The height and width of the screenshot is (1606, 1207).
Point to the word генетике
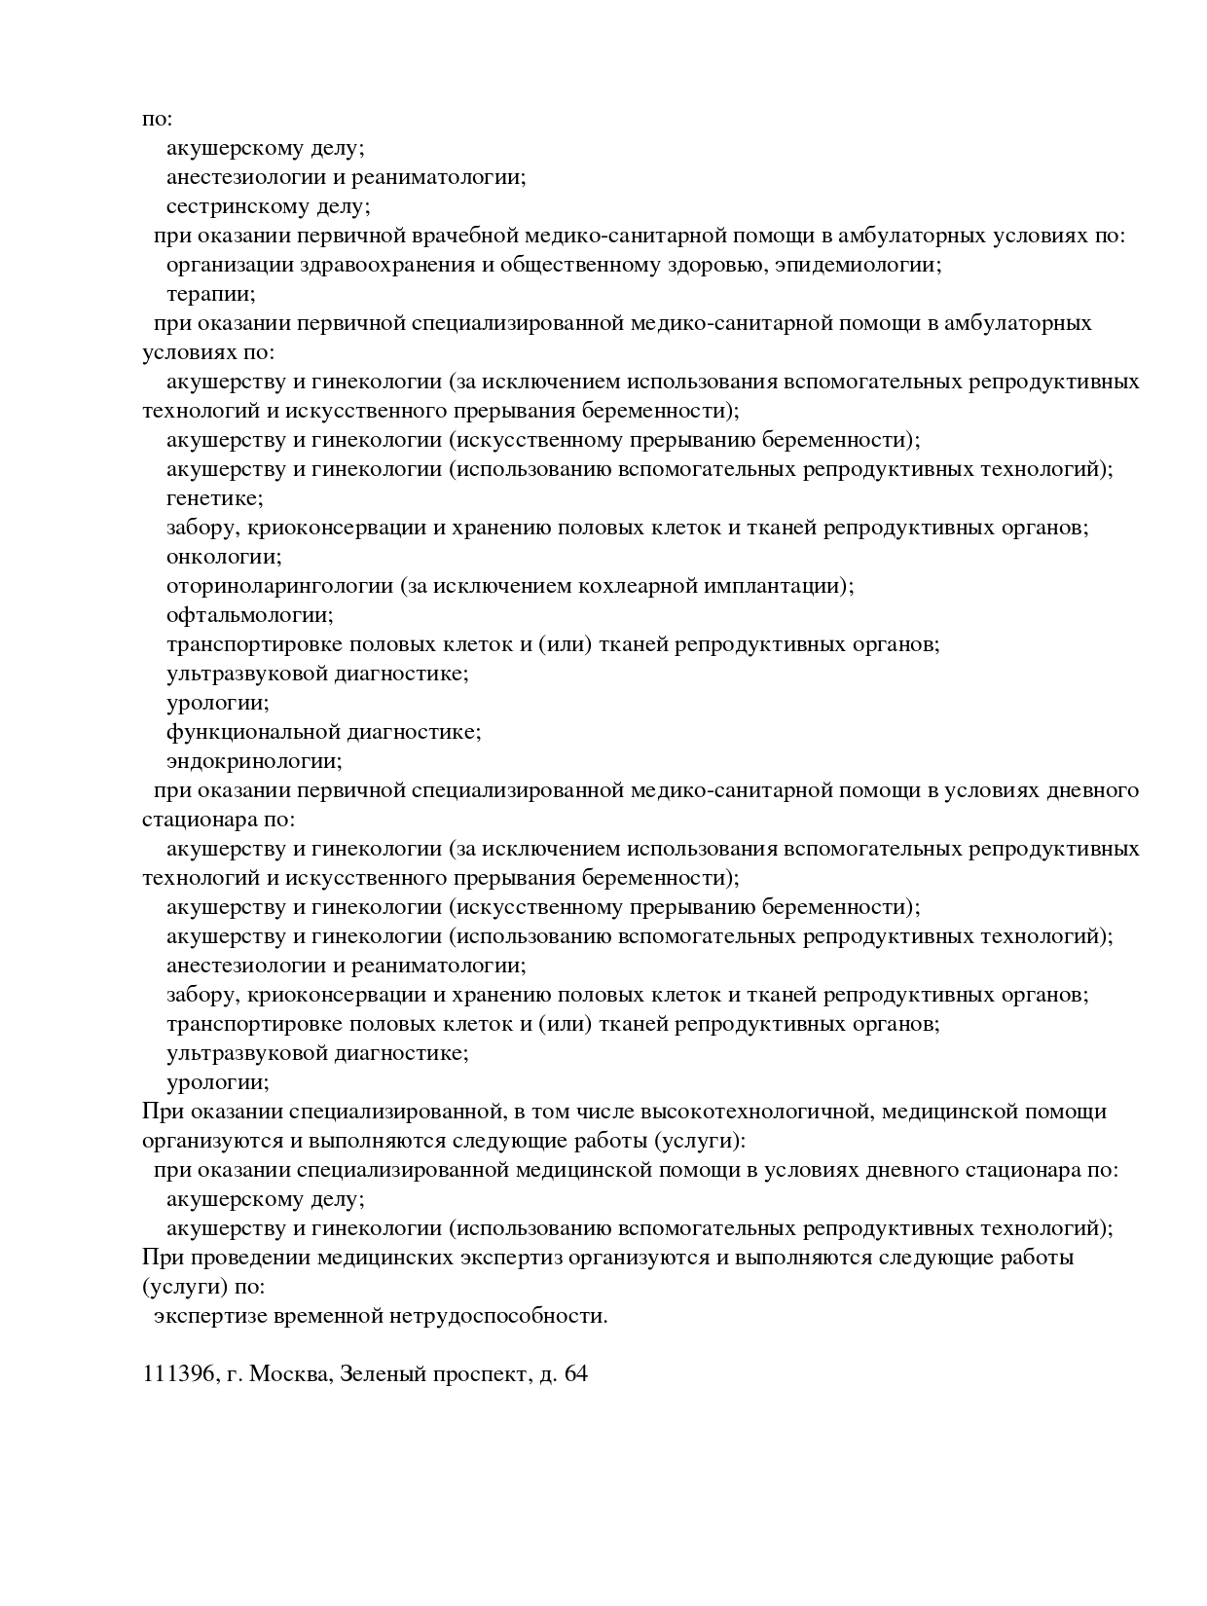213,498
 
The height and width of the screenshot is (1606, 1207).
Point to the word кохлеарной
640,586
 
